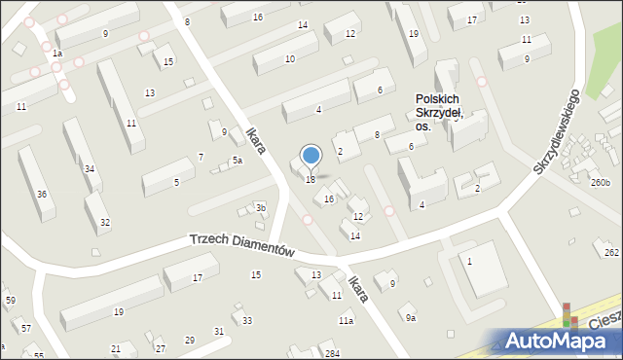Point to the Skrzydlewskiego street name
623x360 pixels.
[556, 132]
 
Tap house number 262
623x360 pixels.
[610, 252]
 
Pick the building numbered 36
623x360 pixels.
[41, 194]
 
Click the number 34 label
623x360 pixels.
[89, 169]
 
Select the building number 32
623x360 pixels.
[104, 223]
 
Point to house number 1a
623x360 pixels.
[57, 54]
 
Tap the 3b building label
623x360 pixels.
[260, 207]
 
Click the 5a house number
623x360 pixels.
[237, 161]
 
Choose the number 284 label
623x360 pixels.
[332, 352]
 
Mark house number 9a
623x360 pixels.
[411, 317]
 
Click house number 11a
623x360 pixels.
[346, 320]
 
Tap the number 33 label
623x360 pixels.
[247, 320]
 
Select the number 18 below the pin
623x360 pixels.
[311, 179]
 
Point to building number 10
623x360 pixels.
[289, 59]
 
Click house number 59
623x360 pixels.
[10, 300]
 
